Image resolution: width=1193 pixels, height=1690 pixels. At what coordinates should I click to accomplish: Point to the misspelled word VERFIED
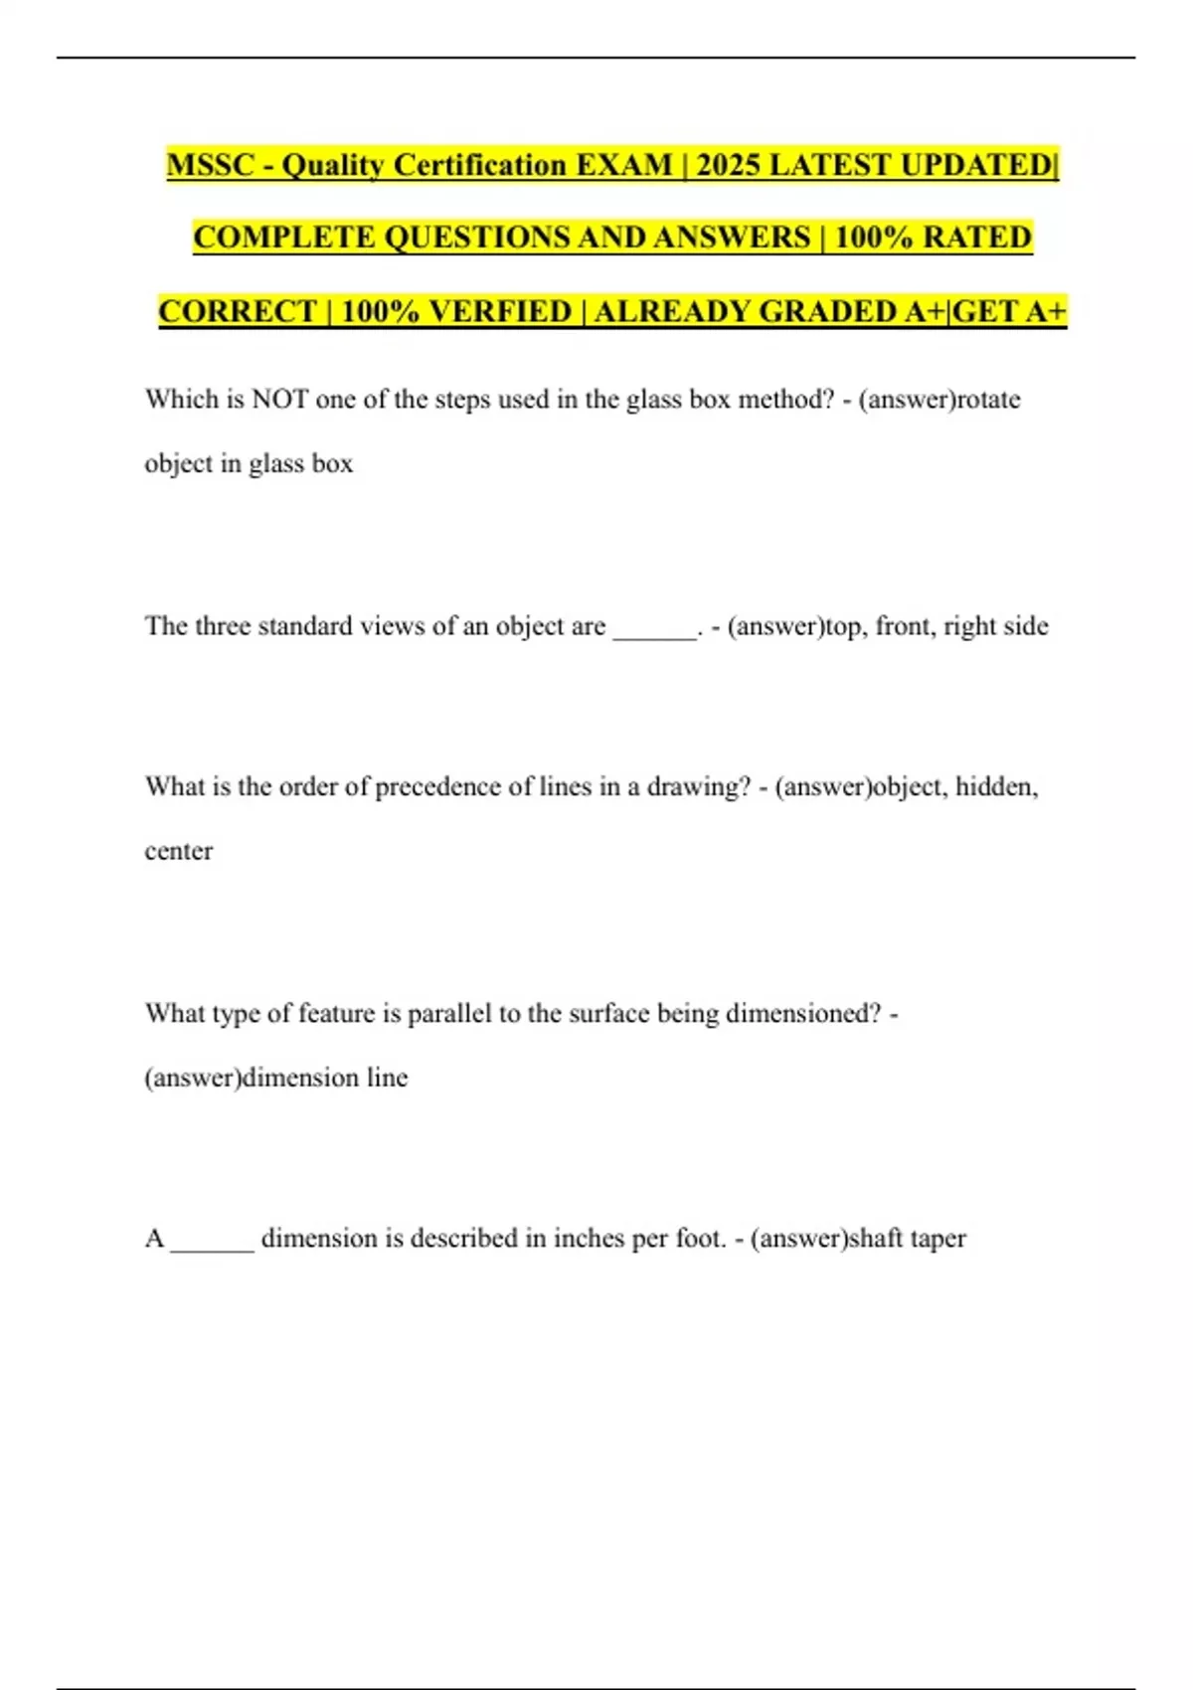[x=500, y=311]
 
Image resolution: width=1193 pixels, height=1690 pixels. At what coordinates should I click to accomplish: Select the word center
[x=179, y=852]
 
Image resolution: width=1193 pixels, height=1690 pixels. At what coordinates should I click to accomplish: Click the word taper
[x=937, y=1240]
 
